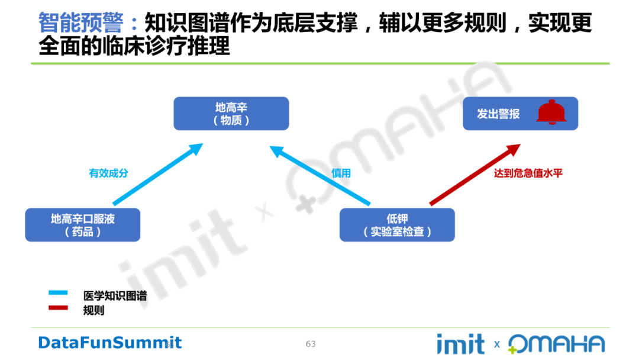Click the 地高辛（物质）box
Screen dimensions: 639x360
point(231,114)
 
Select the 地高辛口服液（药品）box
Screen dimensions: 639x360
point(82,225)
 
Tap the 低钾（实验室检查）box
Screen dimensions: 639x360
point(397,225)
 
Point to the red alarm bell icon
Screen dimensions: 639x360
point(551,112)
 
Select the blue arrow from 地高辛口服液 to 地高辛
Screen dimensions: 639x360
point(157,175)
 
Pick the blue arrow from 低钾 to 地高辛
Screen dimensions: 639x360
point(319,175)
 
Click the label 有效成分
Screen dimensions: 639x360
point(108,173)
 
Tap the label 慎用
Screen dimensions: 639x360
point(341,173)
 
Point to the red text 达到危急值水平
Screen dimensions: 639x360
point(528,173)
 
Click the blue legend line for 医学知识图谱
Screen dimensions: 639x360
point(59,292)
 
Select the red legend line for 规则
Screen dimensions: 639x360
point(59,307)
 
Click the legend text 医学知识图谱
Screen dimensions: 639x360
point(115,295)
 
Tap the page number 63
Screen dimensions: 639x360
point(311,344)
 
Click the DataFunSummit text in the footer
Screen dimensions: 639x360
point(110,342)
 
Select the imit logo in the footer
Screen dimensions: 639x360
point(460,343)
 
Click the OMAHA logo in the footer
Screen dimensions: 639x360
point(556,344)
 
